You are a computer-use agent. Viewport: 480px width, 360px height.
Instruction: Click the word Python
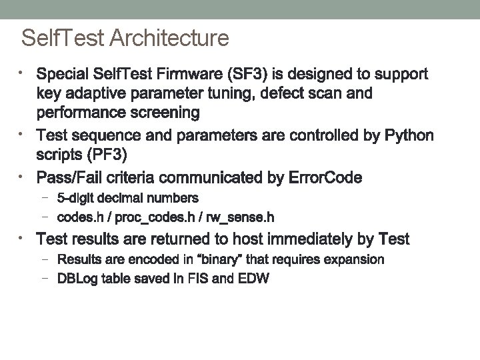pyautogui.click(x=409, y=136)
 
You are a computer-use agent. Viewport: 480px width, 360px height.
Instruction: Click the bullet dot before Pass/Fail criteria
pyautogui.click(x=22, y=177)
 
